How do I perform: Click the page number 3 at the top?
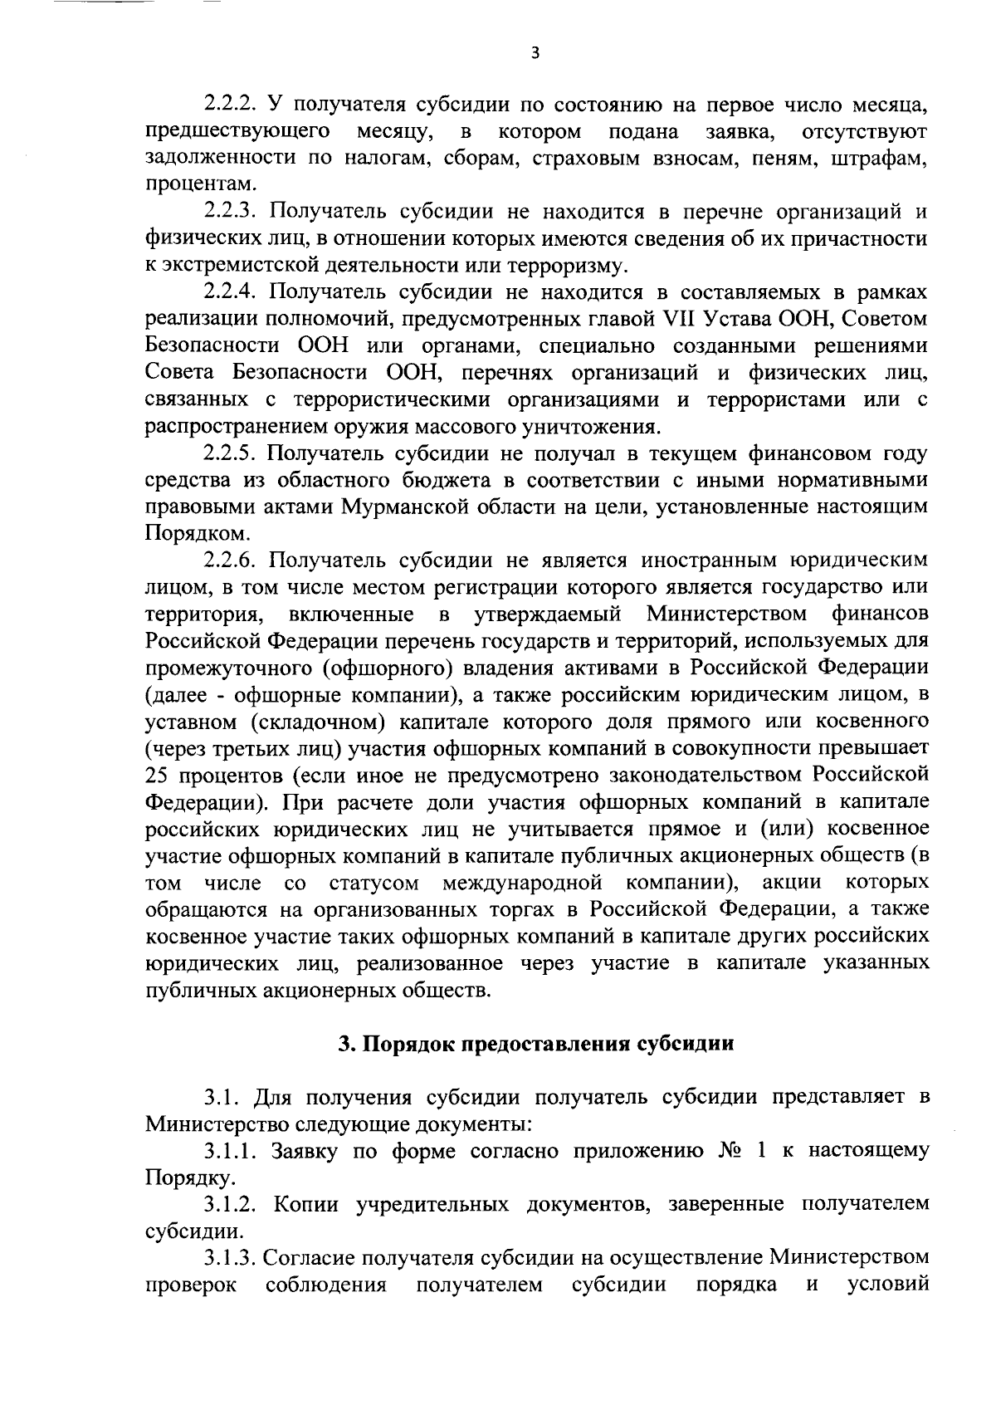(535, 53)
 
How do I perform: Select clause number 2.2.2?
(231, 105)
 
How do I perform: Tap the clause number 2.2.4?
(231, 292)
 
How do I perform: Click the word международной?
(522, 882)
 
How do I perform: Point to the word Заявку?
(301, 1151)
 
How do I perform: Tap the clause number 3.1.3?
(231, 1258)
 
